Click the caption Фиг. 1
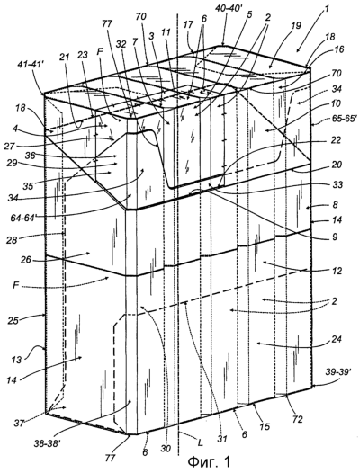pos(209,461)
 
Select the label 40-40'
pos(229,8)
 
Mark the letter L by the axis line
pos(199,443)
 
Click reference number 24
pos(336,339)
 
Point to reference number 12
pos(337,271)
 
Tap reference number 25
pos(13,320)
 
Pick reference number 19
pos(296,26)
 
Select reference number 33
pos(337,184)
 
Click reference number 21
pos(65,57)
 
